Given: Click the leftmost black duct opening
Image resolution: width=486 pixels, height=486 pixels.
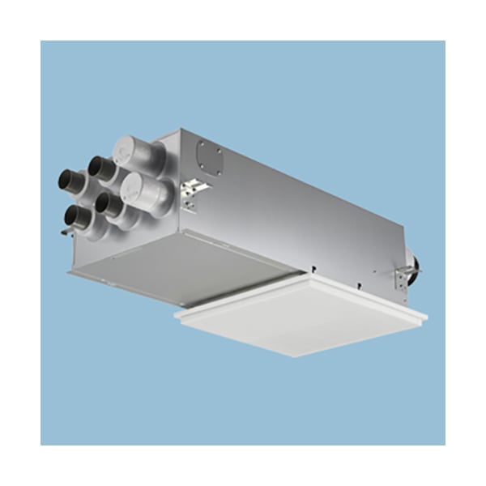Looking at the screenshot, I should point(66,180).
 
